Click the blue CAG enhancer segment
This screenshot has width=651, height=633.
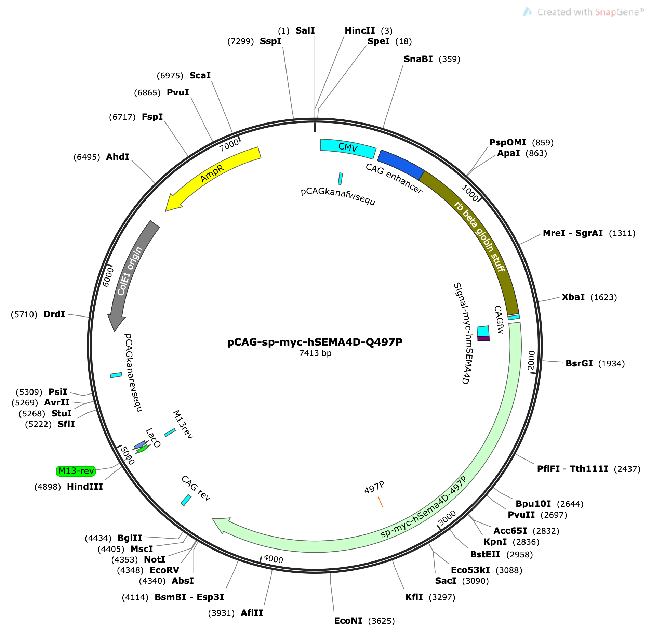[x=401, y=164]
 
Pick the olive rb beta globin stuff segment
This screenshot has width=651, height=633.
[x=479, y=236]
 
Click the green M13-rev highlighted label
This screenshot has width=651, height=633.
[x=76, y=471]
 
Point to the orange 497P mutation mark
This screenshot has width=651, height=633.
[x=380, y=501]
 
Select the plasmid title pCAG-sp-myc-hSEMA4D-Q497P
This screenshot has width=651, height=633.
[x=315, y=342]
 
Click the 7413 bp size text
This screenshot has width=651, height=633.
[x=315, y=353]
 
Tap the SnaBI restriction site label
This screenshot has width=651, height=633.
[x=418, y=59]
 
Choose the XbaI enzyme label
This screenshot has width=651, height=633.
[x=573, y=297]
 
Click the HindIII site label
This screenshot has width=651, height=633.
[x=85, y=487]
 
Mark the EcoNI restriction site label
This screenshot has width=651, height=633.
[x=348, y=621]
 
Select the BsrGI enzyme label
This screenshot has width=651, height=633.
[x=579, y=363]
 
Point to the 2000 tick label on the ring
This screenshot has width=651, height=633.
[x=531, y=360]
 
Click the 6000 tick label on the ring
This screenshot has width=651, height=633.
[x=108, y=277]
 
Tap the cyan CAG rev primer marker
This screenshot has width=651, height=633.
[x=186, y=500]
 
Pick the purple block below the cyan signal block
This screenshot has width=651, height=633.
[x=483, y=338]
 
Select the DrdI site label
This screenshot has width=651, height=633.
[x=54, y=314]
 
